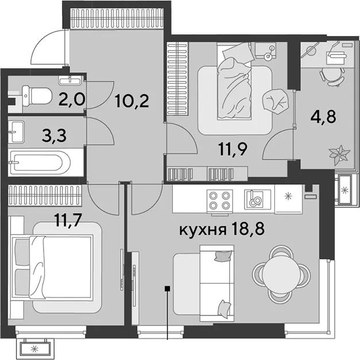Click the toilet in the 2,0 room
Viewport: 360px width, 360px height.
tap(37, 96)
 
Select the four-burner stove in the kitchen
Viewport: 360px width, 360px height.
tap(220, 200)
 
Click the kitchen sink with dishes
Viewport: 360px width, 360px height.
tap(257, 199)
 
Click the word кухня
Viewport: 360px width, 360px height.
tap(202, 230)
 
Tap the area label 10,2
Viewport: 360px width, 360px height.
tap(132, 101)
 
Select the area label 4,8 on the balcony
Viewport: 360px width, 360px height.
tap(323, 117)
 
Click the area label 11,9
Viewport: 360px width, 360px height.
tap(233, 149)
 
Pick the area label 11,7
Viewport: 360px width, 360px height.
tap(68, 220)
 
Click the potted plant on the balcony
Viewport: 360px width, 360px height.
tap(339, 154)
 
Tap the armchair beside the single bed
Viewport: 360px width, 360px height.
tap(276, 99)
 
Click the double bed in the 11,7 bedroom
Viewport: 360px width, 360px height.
tap(53, 268)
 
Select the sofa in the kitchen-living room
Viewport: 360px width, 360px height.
tap(216, 283)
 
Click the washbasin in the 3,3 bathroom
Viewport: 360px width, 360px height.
tap(16, 132)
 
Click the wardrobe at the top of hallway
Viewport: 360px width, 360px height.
tap(117, 18)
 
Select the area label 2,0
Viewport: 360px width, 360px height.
tap(72, 99)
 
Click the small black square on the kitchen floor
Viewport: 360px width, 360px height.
tap(168, 289)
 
